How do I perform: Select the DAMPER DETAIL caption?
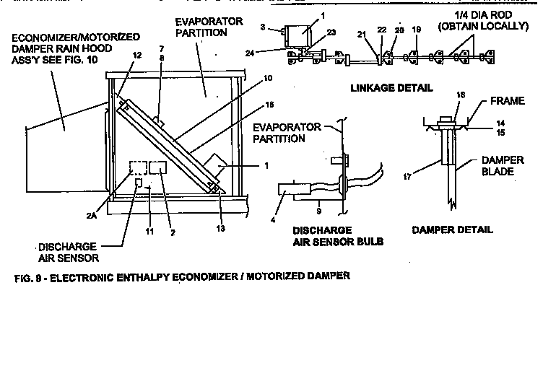(x=452, y=229)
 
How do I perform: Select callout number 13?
(x=221, y=229)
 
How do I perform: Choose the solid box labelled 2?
(x=158, y=167)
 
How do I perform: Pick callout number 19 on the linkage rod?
(x=416, y=31)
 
